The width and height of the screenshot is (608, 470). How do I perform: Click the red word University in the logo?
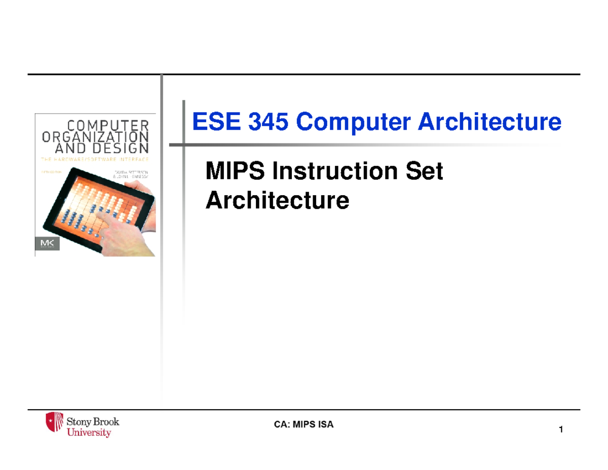(89, 432)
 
